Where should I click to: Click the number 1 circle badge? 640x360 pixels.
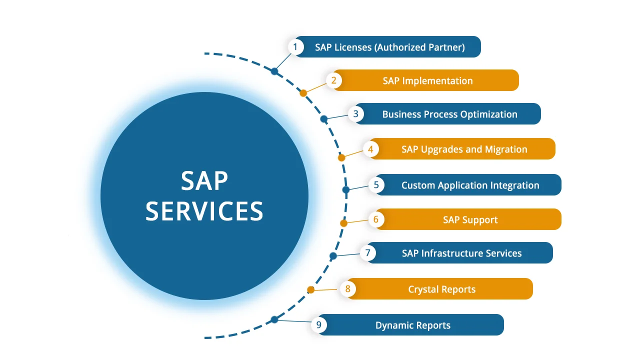point(295,47)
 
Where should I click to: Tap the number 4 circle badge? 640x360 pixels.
point(370,149)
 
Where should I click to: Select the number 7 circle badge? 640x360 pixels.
point(367,253)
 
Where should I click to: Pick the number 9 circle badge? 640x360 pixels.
point(318,325)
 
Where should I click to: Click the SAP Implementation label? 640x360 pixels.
point(427,80)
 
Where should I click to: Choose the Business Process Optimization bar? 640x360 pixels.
point(449,114)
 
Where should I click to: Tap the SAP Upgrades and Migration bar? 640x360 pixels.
point(464,149)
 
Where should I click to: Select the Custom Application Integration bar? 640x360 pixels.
point(470,185)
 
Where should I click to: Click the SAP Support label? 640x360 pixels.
point(470,219)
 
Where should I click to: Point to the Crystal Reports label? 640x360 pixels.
point(441,289)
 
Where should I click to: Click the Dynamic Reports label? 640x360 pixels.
point(413,325)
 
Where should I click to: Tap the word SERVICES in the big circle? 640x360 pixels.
point(204,211)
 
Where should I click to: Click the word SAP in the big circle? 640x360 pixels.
point(204,181)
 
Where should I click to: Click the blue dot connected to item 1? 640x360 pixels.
point(274,71)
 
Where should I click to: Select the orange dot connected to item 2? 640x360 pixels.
point(303,93)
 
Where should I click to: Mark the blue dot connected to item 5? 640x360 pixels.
point(345,190)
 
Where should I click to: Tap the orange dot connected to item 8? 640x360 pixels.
point(310,289)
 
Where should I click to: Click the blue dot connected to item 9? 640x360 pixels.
point(274,319)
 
